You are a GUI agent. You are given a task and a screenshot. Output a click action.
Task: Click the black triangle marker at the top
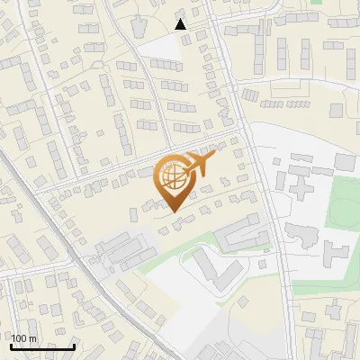point(181,24)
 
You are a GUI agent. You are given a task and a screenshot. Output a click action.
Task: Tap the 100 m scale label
point(23,338)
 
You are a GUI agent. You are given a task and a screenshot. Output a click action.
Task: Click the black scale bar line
point(42,346)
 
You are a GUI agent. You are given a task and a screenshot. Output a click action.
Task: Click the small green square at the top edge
point(316,3)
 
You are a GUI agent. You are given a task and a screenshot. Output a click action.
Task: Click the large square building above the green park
point(346,161)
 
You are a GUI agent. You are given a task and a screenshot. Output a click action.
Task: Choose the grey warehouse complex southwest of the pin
point(121,250)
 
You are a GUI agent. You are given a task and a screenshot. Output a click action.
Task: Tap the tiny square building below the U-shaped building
point(262,265)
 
